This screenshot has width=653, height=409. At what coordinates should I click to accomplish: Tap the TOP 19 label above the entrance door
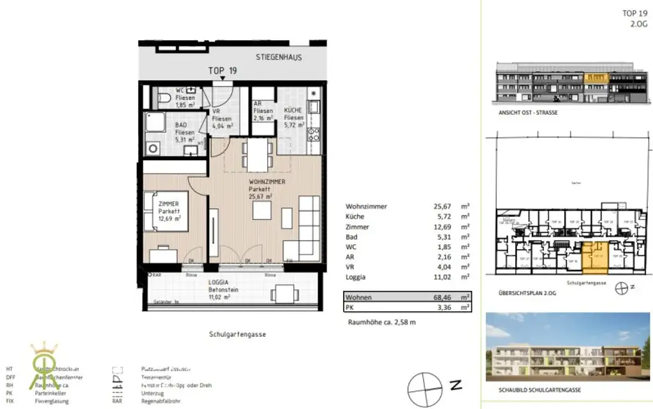click(223, 71)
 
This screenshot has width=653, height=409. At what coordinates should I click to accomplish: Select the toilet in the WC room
click(163, 98)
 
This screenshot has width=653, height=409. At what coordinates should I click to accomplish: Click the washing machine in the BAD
click(154, 148)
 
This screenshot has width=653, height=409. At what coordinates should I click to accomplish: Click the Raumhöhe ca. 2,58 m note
click(381, 322)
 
